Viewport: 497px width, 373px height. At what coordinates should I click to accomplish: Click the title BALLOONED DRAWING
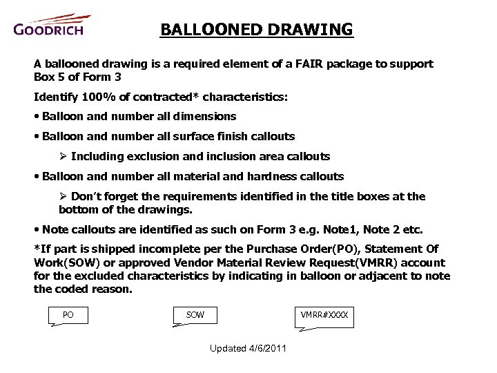(256, 30)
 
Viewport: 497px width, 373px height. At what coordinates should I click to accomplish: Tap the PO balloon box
(68, 315)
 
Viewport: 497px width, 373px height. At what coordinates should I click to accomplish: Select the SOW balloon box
(195, 315)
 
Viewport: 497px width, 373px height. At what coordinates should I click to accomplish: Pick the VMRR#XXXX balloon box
(324, 315)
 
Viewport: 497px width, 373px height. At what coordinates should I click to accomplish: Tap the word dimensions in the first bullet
(205, 117)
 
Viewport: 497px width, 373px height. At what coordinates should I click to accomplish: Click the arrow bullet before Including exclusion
(64, 157)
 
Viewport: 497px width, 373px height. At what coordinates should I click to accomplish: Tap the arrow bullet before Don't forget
(64, 197)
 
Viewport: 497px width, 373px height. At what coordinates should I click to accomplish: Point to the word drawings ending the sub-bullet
(167, 209)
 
